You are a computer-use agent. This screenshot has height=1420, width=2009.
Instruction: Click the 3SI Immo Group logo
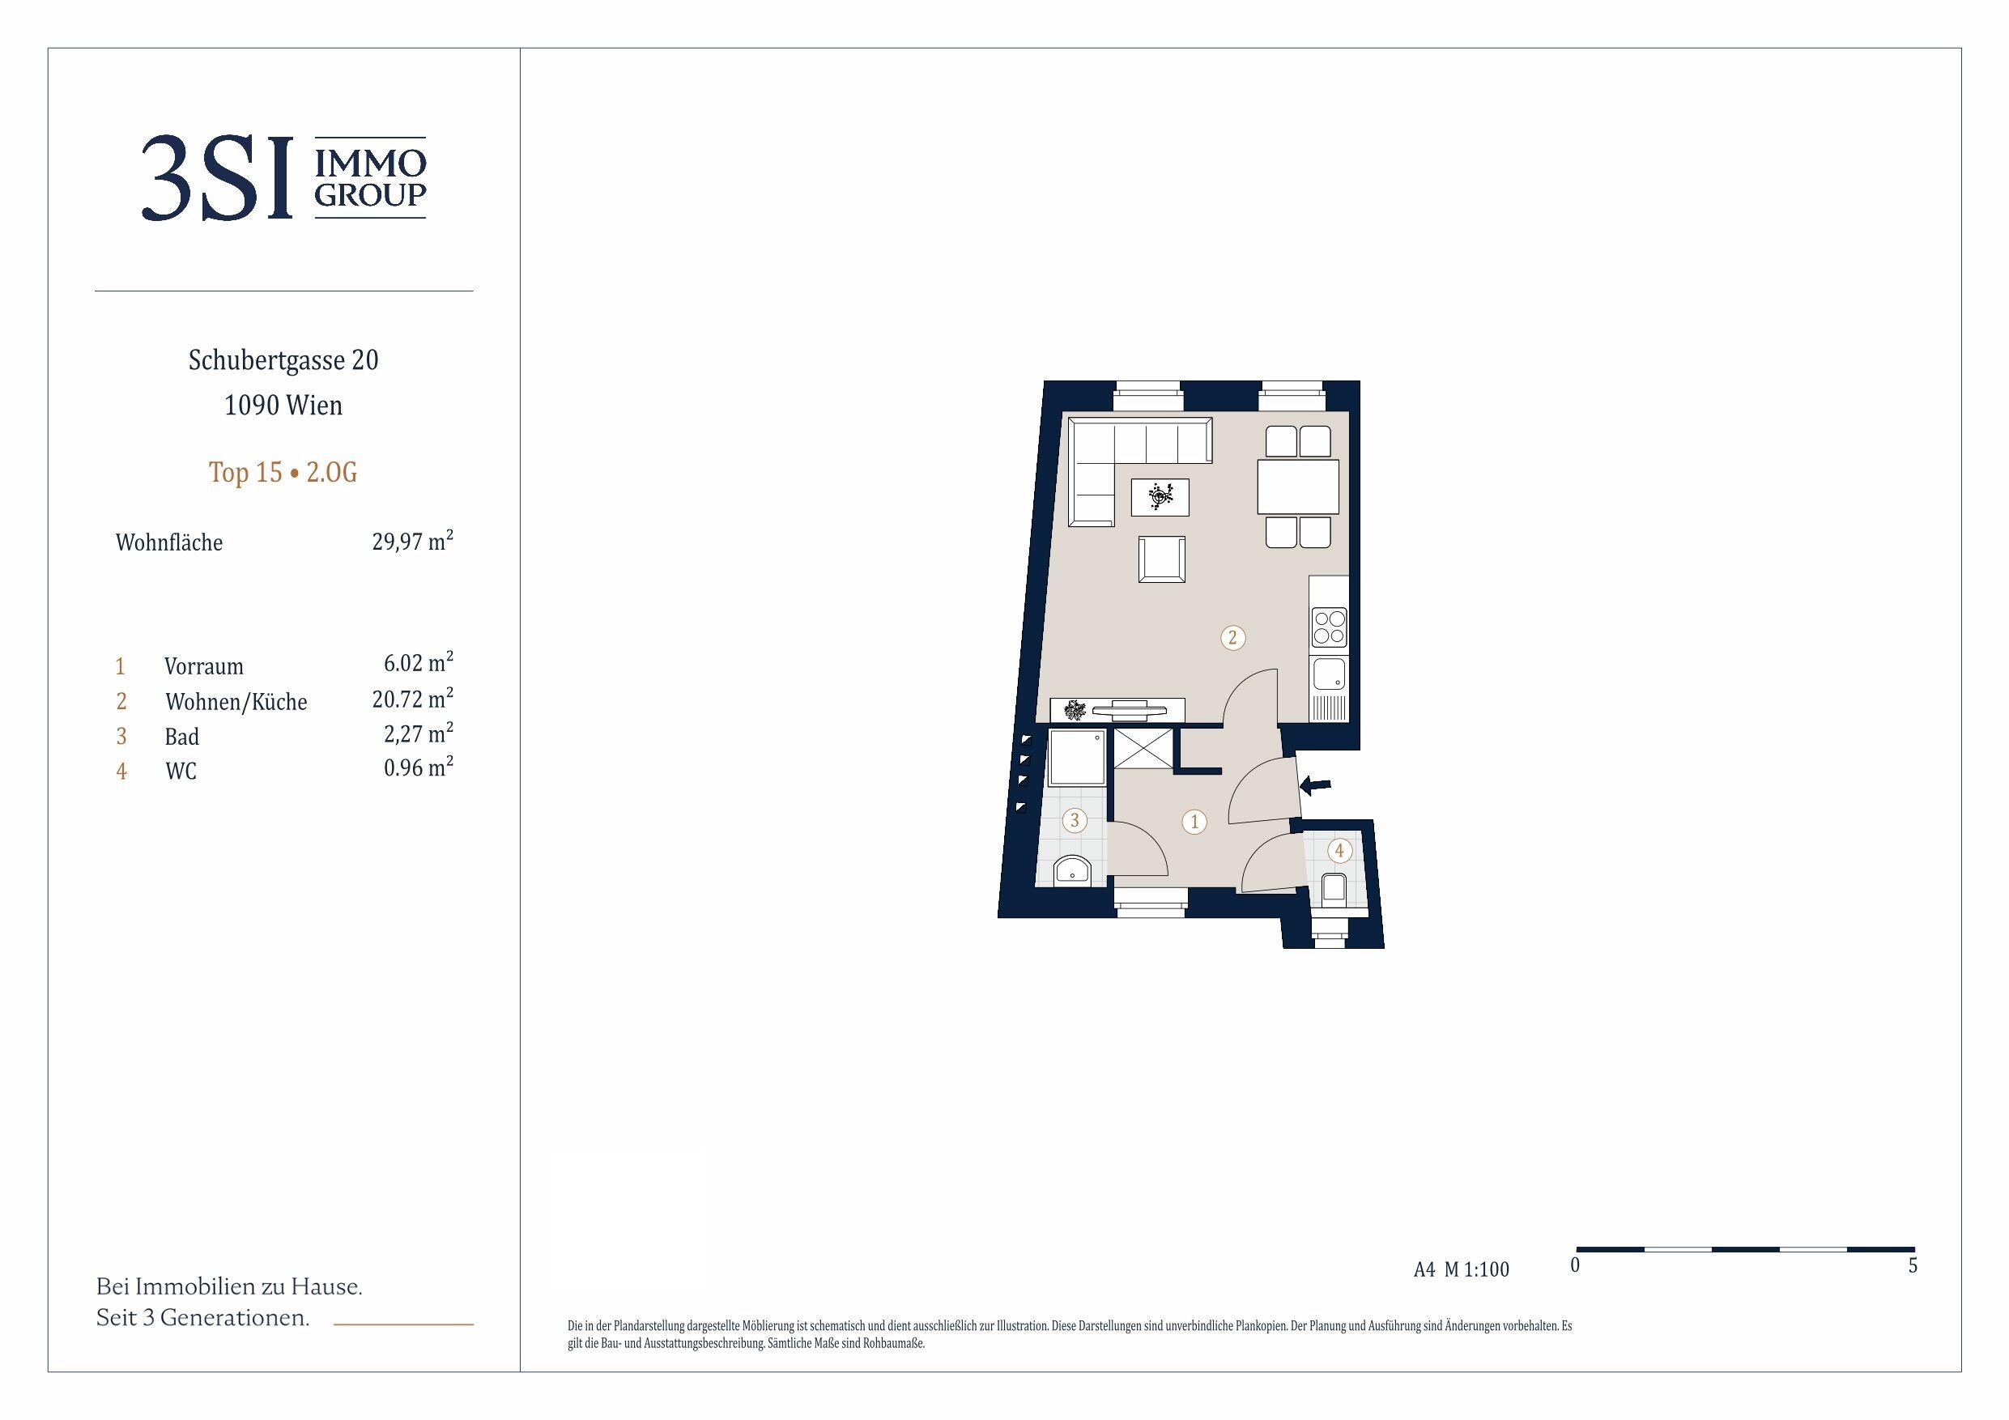[x=283, y=177]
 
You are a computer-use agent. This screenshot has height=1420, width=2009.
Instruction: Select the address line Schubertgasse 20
[x=283, y=360]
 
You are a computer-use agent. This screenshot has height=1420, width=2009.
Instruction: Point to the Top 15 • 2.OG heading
[x=283, y=473]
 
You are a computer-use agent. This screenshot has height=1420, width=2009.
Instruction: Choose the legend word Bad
[x=182, y=736]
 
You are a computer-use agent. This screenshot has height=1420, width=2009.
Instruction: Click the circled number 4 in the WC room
[x=1339, y=849]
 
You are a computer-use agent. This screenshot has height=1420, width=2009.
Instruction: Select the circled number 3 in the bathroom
[x=1075, y=821]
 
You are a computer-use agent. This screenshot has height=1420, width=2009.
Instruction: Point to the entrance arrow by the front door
[x=1315, y=785]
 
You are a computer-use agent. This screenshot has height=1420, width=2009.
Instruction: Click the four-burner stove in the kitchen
[x=1329, y=627]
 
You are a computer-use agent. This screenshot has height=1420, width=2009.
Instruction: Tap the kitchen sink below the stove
[x=1329, y=674]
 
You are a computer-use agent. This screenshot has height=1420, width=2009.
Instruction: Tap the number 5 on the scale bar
[x=1913, y=1265]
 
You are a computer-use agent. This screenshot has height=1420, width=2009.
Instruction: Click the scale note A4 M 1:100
[x=1462, y=1269]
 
